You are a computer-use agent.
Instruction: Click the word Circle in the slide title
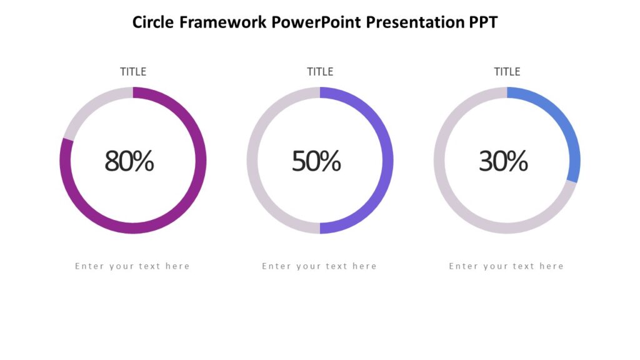153,22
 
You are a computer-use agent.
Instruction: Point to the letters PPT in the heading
484,22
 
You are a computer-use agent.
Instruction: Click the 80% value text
129,161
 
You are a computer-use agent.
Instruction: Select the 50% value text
316,161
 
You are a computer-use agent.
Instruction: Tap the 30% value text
503,161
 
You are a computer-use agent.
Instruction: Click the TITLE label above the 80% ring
133,72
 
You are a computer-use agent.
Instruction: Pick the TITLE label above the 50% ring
320,72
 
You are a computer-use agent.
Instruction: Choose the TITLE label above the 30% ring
507,72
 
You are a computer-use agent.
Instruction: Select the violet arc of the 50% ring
387,161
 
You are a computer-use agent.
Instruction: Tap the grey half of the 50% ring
252,161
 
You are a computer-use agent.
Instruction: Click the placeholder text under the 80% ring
132,266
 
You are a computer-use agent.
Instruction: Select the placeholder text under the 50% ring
319,266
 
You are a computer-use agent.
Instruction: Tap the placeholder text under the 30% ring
506,266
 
